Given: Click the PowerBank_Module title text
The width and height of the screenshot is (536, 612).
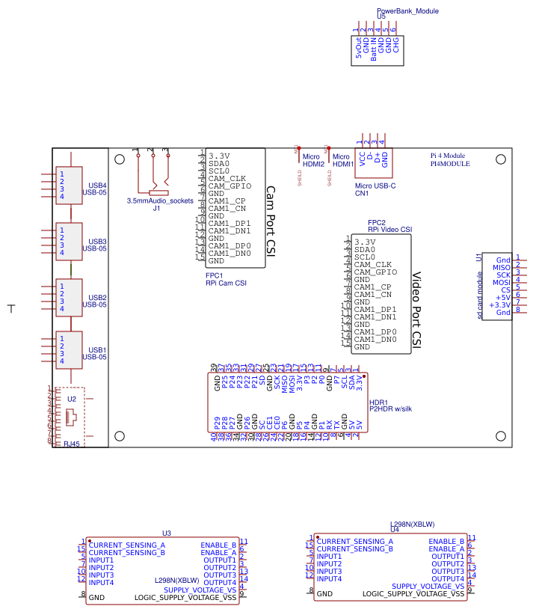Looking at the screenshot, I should tap(407, 11).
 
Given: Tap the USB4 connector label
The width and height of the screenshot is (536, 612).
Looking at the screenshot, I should tap(97, 185).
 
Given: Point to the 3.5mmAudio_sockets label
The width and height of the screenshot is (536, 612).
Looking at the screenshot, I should tap(160, 201).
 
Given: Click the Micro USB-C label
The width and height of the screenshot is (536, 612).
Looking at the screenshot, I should tap(375, 185).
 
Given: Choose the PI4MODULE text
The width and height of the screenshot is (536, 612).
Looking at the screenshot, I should tap(450, 163).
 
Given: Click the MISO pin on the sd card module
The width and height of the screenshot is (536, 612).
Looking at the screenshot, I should tap(502, 268).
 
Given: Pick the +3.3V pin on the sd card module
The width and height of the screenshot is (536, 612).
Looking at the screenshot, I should tap(499, 305).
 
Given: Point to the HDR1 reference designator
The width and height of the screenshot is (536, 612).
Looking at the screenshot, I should tap(378, 401).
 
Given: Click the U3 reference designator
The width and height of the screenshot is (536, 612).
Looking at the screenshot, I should tap(167, 533).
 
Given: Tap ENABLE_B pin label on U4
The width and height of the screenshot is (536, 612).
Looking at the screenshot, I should tap(446, 541).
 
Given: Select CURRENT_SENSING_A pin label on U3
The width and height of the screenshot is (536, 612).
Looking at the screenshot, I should tap(126, 545).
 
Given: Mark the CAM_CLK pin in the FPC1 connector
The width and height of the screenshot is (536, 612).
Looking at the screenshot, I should tap(227, 178).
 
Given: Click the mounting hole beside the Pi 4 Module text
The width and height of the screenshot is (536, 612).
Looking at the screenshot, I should tap(500, 159).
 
